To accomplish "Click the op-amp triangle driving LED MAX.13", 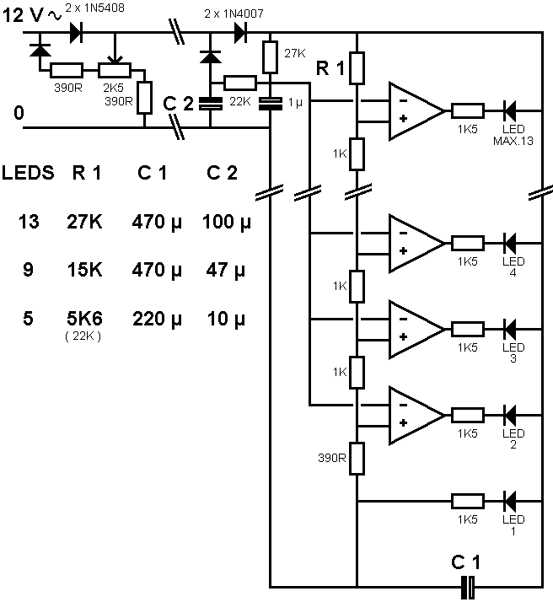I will coord(413,111).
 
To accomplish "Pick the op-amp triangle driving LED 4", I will coord(413,242).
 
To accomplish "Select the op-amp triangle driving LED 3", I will coord(413,328).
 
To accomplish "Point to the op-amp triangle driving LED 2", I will coord(413,414).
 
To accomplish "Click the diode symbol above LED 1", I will coord(509,501).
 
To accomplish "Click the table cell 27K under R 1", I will coord(84,223).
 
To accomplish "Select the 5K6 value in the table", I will coord(84,320).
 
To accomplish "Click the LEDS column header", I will coord(28,174).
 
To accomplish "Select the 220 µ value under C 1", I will coord(157,320).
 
